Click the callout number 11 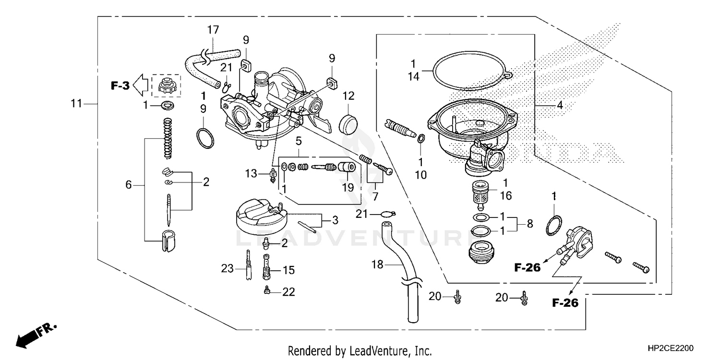tap(76, 104)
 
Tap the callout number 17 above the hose tap(213, 30)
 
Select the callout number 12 tap(348, 95)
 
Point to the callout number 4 tap(560, 104)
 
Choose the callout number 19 tap(347, 187)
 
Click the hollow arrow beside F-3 tap(140, 85)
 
